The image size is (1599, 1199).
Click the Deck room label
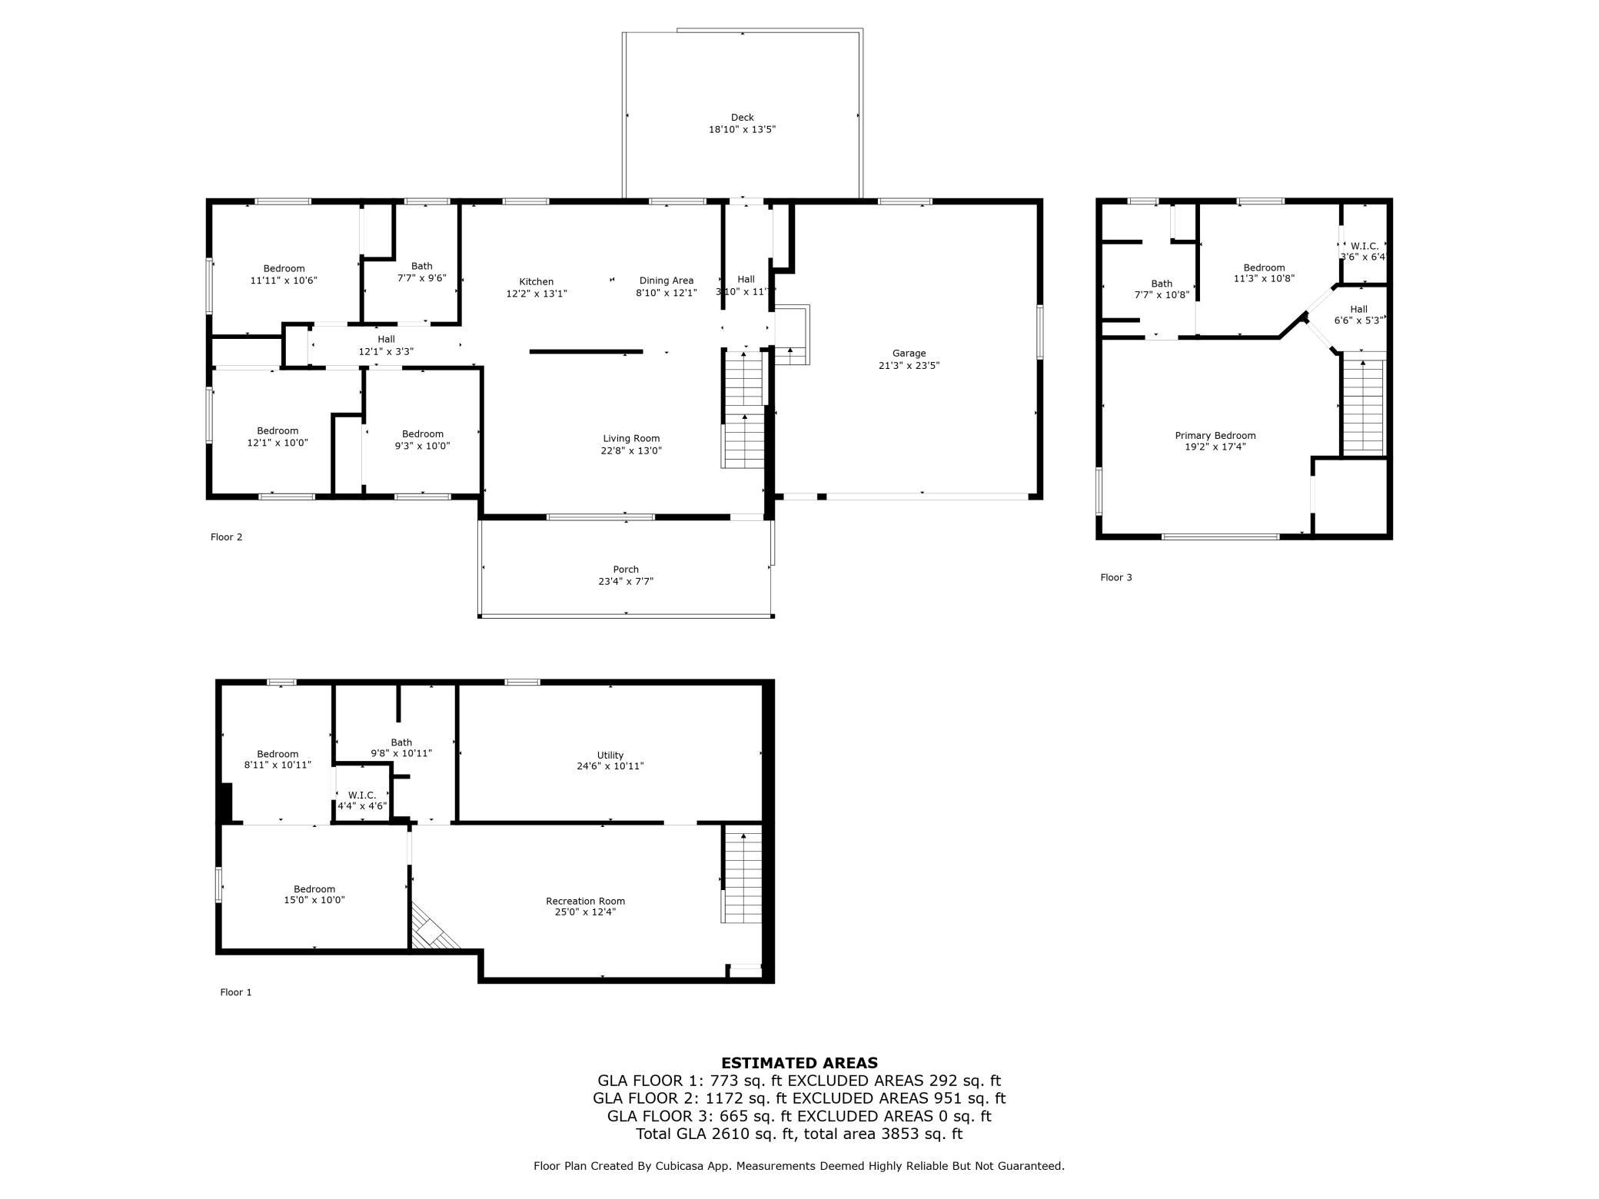tap(742, 118)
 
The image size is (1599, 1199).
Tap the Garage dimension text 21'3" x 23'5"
tap(909, 366)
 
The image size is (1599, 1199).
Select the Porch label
tap(626, 570)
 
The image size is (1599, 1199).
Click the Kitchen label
tap(536, 281)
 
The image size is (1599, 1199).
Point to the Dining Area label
tap(667, 281)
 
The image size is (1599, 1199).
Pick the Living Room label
tap(631, 438)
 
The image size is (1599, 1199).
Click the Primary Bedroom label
tap(1215, 435)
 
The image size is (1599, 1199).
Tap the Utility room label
tap(610, 755)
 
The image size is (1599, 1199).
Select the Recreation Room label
tap(585, 901)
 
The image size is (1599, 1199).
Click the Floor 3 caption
tap(1115, 577)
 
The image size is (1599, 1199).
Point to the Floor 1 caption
tap(236, 992)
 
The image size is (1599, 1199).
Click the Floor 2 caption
tap(226, 536)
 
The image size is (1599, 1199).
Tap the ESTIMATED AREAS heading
tap(799, 1063)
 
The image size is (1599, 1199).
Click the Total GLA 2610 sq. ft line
tap(799, 1134)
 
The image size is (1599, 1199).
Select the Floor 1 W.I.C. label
tap(362, 795)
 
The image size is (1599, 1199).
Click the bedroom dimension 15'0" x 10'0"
tap(314, 900)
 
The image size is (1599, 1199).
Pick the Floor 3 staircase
tap(1363, 407)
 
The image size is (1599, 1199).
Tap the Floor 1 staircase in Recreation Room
tap(742, 877)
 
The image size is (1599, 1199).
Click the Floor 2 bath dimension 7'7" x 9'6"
tap(421, 278)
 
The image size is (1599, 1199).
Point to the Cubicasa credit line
tap(799, 1166)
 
